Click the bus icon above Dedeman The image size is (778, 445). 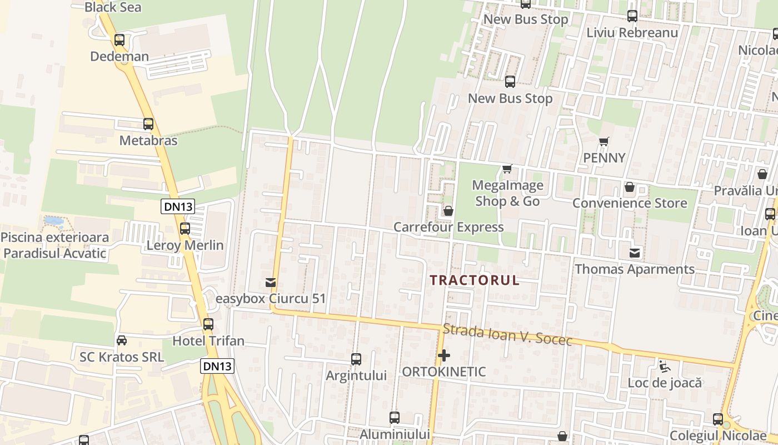click(119, 40)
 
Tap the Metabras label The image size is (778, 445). click(148, 140)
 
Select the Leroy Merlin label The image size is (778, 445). click(185, 245)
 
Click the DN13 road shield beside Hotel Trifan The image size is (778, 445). click(217, 365)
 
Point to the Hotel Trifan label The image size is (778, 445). click(208, 340)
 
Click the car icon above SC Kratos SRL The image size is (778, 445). click(122, 340)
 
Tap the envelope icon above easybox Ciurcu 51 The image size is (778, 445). click(271, 283)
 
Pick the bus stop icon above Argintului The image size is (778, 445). click(356, 359)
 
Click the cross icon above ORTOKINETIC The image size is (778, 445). click(444, 355)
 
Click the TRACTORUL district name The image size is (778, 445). click(475, 280)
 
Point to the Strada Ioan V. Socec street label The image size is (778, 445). click(507, 335)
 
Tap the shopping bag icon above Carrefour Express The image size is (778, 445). click(448, 211)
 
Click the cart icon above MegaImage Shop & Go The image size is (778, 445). click(507, 169)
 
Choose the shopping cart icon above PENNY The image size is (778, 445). click(604, 142)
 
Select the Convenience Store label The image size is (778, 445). click(630, 203)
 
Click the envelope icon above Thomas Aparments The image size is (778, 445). click(634, 254)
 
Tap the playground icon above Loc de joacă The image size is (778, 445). click(664, 366)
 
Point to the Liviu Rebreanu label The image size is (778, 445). click(632, 32)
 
